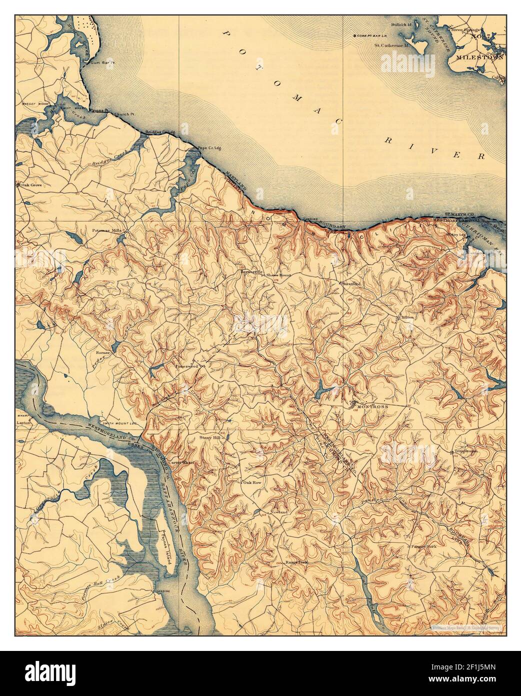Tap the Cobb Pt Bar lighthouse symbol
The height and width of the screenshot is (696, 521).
355,36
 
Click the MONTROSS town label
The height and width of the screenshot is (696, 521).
372,407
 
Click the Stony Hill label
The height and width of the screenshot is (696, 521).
209,437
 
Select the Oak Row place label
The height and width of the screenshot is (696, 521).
252,483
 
